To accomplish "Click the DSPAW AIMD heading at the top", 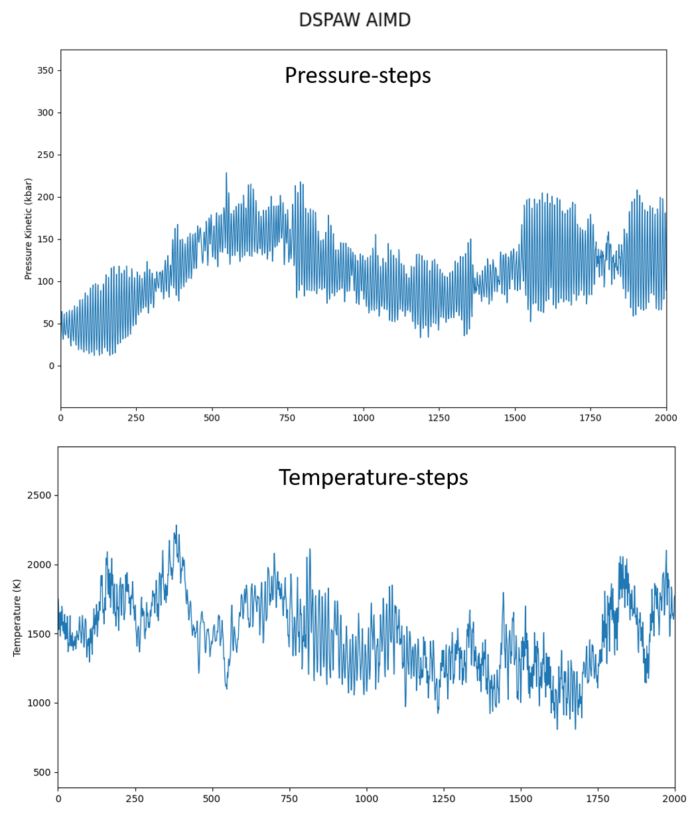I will click(354, 21).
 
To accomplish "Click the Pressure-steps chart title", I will click(358, 76).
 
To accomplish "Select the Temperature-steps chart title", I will click(373, 478).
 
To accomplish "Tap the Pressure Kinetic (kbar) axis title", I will click(29, 228).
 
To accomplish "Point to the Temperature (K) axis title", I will click(17, 617).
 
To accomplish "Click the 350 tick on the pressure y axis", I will click(46, 70).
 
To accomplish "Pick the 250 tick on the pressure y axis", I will click(46, 155).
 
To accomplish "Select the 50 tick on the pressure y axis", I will click(48, 324).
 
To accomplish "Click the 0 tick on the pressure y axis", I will click(50, 366).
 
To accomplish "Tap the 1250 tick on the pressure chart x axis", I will click(439, 418).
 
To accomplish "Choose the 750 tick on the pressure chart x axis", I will click(288, 418).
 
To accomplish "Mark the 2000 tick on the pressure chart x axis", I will click(665, 418).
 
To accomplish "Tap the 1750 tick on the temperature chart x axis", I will click(598, 799).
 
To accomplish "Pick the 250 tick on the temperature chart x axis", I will click(135, 799).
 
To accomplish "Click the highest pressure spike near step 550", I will click(226, 173).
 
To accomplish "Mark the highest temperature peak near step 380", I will click(176, 525).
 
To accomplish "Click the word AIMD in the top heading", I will click(386, 21).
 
